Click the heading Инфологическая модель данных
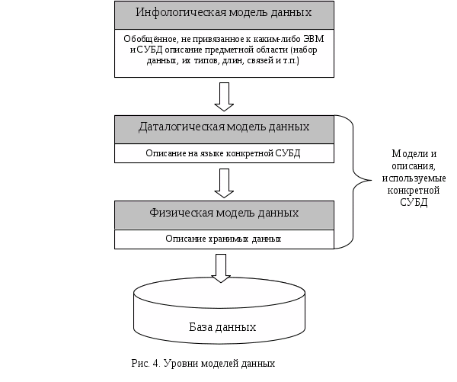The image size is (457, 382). (x=224, y=14)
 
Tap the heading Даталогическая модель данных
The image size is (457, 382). (x=224, y=127)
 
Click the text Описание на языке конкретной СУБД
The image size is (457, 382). (x=224, y=152)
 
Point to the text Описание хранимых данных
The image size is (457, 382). (x=224, y=239)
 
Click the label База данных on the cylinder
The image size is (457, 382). (x=222, y=327)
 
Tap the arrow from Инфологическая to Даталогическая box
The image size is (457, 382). (x=224, y=95)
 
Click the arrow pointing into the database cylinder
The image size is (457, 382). (x=221, y=267)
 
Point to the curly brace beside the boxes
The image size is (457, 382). (x=351, y=181)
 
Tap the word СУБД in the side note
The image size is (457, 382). (x=414, y=204)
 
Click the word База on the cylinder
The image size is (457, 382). (x=202, y=327)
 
